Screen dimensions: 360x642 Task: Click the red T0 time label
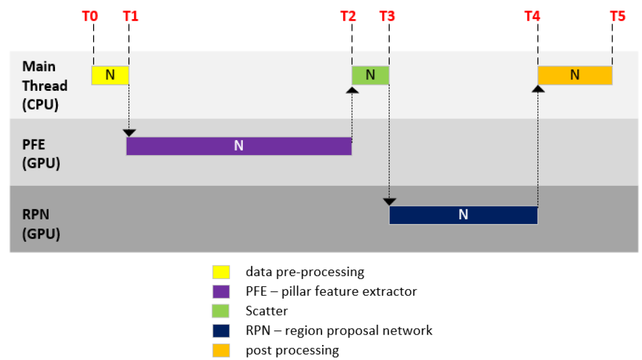(90, 16)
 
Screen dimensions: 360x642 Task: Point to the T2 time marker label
(348, 16)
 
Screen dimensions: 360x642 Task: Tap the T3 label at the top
(388, 16)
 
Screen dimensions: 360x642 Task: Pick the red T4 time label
(532, 16)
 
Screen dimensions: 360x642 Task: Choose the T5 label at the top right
(618, 16)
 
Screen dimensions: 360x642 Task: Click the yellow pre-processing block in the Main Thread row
(110, 75)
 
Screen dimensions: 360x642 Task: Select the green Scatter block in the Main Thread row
(371, 75)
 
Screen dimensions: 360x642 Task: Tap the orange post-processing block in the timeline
(575, 75)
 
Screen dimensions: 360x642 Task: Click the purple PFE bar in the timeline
(239, 146)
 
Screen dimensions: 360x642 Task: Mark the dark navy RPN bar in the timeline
(463, 215)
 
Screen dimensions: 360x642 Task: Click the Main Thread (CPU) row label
(45, 86)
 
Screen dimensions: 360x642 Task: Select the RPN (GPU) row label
(41, 225)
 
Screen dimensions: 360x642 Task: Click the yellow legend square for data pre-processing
(221, 271)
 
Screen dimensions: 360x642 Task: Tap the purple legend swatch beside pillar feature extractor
(221, 291)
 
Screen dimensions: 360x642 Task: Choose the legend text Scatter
(267, 311)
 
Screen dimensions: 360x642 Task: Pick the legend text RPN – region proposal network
(339, 330)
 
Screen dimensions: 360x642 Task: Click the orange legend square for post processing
(221, 350)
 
